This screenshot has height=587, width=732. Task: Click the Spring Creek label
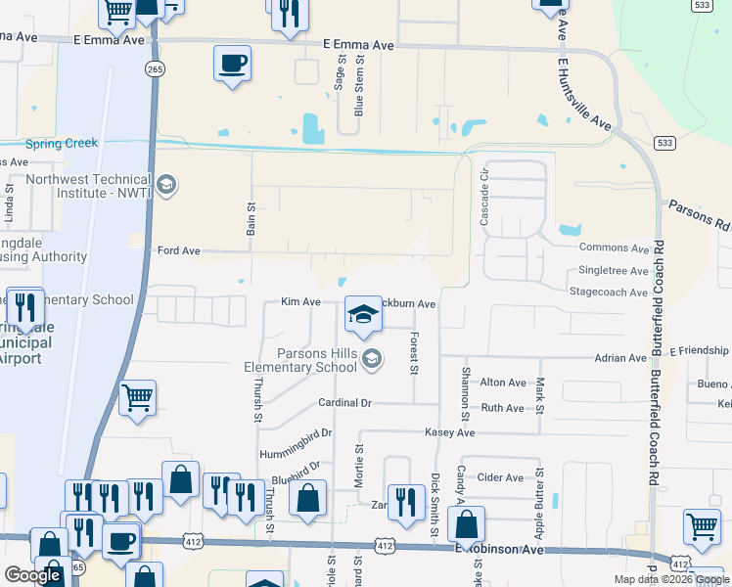pos(62,143)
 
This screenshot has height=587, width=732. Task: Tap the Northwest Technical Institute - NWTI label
pos(89,186)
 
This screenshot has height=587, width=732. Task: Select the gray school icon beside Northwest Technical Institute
pos(166,184)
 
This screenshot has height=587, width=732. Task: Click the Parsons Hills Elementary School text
pos(300,360)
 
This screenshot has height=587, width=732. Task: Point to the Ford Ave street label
pos(178,251)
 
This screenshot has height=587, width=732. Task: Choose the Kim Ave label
pos(300,302)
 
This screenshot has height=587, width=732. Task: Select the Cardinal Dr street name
pos(344,403)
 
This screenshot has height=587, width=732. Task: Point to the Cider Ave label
pos(500,477)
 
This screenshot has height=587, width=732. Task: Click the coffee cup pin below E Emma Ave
pos(232,65)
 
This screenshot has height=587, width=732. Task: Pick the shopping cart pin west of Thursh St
pos(137,397)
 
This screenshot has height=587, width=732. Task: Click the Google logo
pos(32,575)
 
